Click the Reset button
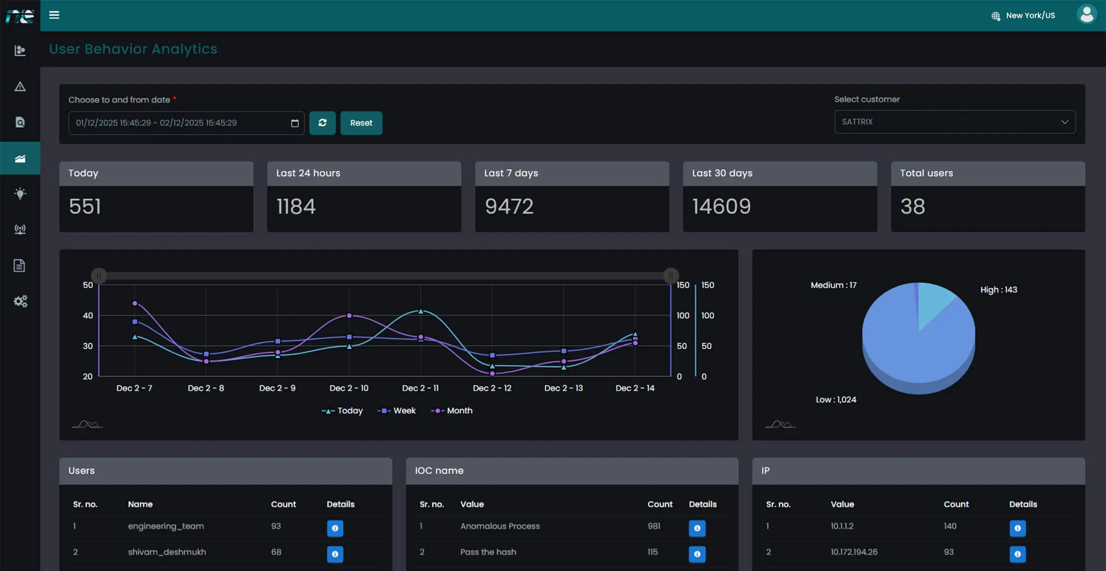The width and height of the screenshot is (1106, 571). coord(361,123)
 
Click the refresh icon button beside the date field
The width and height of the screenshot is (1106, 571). coord(322,123)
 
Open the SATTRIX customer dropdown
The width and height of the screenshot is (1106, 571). coord(955,122)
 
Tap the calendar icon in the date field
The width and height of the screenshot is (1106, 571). coord(295,123)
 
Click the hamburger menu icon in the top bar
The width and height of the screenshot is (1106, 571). coord(54,15)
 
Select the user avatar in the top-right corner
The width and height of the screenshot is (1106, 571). coord(1086,14)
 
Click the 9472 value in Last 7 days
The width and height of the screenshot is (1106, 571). coord(509,207)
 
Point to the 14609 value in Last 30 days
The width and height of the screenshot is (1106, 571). coord(721,207)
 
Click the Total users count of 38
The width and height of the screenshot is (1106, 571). coord(912,207)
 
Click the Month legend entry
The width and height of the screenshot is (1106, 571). coord(452,411)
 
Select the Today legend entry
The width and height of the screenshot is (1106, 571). coord(342,411)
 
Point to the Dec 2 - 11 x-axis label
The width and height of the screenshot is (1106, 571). coord(420,388)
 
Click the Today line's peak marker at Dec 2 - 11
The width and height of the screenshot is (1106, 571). coord(421,311)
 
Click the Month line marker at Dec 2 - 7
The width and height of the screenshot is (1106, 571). coord(135,303)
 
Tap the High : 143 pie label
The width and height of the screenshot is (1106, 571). coord(998,290)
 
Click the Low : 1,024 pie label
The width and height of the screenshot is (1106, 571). coord(835,400)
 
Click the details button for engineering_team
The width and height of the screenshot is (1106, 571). coord(335,528)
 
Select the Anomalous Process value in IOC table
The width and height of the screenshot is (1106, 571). coord(500,526)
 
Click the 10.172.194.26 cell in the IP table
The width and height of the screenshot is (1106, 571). coord(854,552)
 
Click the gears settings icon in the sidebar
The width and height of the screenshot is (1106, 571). coord(20,301)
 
